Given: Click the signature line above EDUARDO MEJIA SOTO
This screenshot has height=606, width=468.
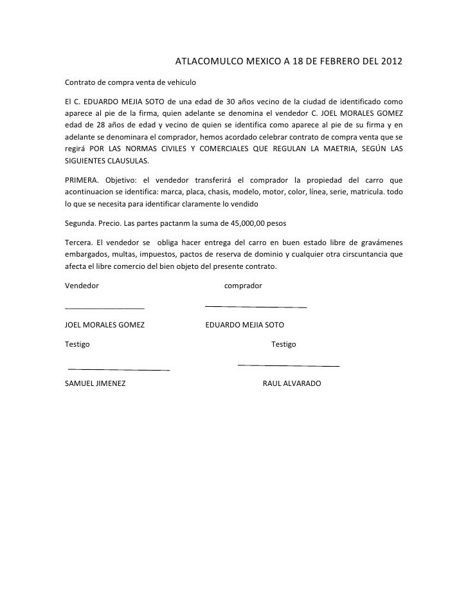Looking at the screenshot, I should pyautogui.click(x=255, y=306).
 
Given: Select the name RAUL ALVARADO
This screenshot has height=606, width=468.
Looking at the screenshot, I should pyautogui.click(x=292, y=384).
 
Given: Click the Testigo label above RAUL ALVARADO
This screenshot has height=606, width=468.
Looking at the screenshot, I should pyautogui.click(x=283, y=345).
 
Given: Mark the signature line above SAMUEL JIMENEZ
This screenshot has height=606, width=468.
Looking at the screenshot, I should pyautogui.click(x=118, y=370).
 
